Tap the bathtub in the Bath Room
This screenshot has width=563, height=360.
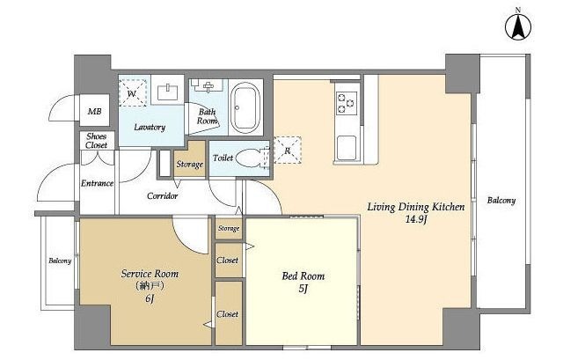click(245, 107)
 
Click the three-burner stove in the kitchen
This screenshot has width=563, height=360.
click(346, 103)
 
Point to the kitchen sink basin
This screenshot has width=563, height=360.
click(346, 148)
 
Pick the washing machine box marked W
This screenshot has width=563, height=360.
click(133, 93)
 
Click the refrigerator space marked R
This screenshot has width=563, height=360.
click(288, 151)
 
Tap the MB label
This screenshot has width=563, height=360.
click(94, 112)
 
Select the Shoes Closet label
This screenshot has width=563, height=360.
click(97, 141)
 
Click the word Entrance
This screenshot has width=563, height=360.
click(97, 183)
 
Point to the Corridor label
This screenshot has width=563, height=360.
click(162, 195)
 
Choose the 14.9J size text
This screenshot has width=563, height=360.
click(415, 220)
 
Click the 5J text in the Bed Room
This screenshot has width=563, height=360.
click(303, 289)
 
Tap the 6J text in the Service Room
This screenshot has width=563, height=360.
click(150, 298)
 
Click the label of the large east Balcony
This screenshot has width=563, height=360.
click(501, 201)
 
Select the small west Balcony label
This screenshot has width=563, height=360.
click(60, 261)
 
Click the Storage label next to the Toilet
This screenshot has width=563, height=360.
click(190, 165)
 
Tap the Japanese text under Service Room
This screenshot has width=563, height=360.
click(150, 286)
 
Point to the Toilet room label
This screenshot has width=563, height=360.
click(223, 158)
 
